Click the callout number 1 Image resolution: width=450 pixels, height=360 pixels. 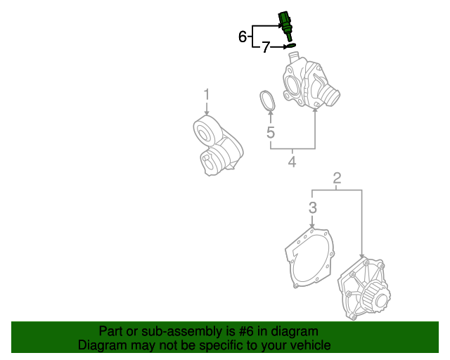(207, 94)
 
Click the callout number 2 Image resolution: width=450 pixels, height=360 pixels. (337, 179)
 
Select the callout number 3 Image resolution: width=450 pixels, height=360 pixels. (313, 207)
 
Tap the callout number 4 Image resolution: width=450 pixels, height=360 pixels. (291, 162)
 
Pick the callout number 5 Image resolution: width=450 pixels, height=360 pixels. (270, 132)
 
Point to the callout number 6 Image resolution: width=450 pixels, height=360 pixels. (243, 37)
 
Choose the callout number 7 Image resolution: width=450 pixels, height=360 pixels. (266, 48)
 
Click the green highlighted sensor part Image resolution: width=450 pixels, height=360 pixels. (285, 21)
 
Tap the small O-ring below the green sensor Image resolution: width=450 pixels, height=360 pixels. (288, 47)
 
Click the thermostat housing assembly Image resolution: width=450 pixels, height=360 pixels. (307, 84)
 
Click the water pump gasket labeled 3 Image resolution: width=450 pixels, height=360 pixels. (309, 258)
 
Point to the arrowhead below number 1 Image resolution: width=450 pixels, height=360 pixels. (207, 113)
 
